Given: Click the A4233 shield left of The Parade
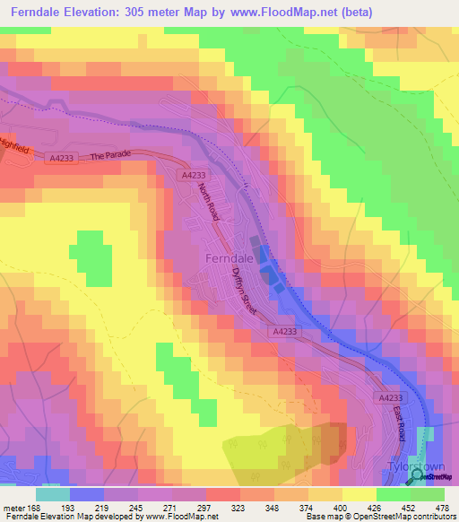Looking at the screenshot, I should (62, 158).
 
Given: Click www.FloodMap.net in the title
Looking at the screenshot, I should (291, 12).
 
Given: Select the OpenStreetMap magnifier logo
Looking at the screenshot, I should (418, 478).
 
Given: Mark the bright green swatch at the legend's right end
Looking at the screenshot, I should (428, 494).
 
